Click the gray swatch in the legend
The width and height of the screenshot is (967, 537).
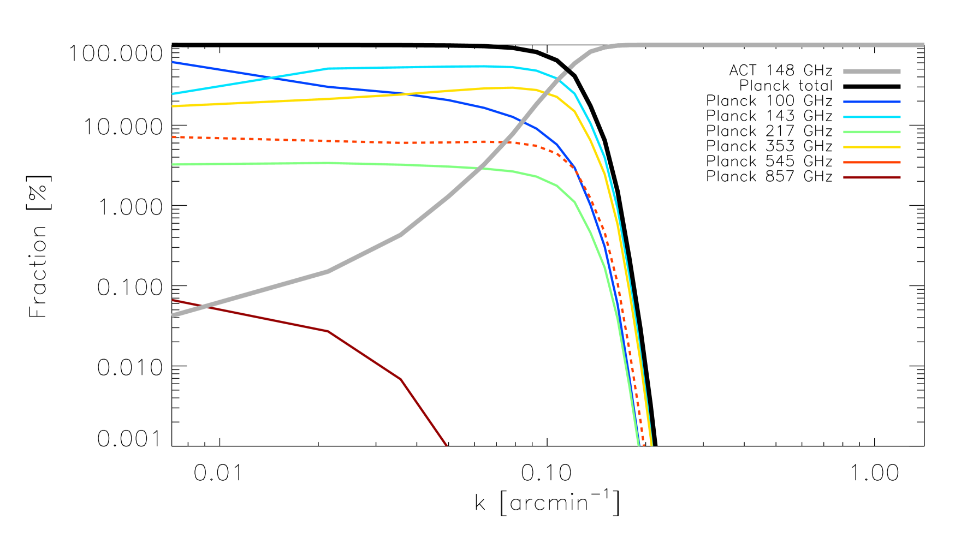[x=871, y=71]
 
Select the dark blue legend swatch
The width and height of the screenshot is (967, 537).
[x=871, y=102]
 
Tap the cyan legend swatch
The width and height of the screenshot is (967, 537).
[x=871, y=117]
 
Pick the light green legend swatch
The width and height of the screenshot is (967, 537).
[x=871, y=132]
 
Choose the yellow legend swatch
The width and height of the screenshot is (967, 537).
[x=871, y=147]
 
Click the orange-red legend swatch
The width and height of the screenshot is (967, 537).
[x=871, y=162]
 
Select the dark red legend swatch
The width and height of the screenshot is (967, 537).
[x=871, y=177]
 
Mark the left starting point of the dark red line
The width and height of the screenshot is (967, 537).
[x=173, y=300]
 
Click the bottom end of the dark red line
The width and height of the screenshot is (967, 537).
[x=447, y=445]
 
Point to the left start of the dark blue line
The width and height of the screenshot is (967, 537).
[x=173, y=62]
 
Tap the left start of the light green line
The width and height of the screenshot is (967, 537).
[x=173, y=164]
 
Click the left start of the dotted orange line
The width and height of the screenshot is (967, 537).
[x=173, y=137]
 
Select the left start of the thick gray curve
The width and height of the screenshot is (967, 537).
[x=173, y=315]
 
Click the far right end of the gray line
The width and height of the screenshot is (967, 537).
[x=923, y=45]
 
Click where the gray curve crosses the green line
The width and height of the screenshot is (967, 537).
[x=479, y=169]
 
